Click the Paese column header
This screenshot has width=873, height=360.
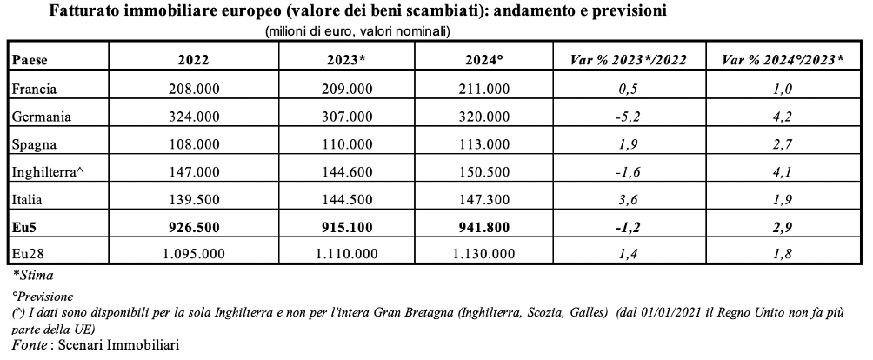pyautogui.click(x=30, y=60)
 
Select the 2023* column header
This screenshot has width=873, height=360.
pyautogui.click(x=346, y=60)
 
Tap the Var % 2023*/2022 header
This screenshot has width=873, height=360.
pyautogui.click(x=629, y=60)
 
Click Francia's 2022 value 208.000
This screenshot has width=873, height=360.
pyautogui.click(x=193, y=89)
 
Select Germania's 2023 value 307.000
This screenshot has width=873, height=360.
pyautogui.click(x=346, y=117)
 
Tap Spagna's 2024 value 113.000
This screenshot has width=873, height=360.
pyautogui.click(x=483, y=144)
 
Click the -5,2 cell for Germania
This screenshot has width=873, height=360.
pyautogui.click(x=629, y=117)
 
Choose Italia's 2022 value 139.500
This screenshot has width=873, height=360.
pyautogui.click(x=193, y=199)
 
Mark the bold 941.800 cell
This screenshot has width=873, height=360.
pyautogui.click(x=483, y=227)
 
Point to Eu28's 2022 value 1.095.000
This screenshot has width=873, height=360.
pyautogui.click(x=193, y=254)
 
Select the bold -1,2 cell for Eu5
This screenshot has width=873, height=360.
pyautogui.click(x=629, y=227)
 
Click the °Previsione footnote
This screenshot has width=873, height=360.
pyautogui.click(x=43, y=297)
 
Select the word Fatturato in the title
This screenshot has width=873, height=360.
pyautogui.click(x=83, y=10)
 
